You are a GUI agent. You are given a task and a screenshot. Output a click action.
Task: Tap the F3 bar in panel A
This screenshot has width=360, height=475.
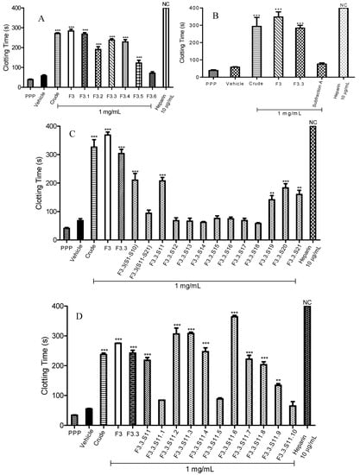71,59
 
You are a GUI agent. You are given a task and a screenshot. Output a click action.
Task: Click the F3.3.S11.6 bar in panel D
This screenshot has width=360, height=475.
234,367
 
